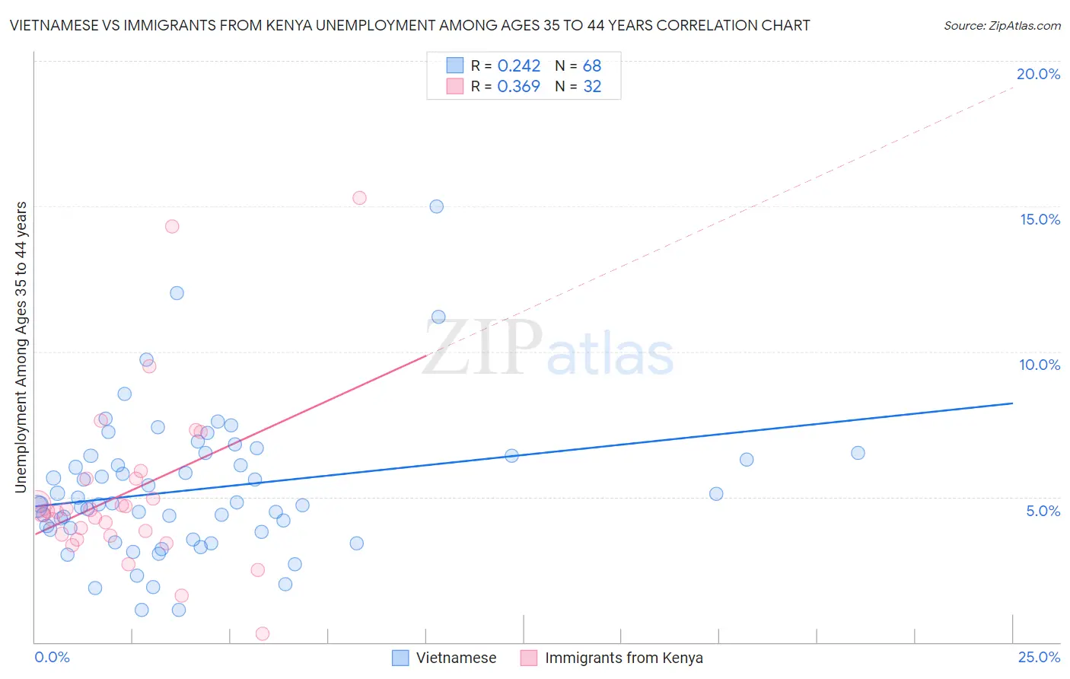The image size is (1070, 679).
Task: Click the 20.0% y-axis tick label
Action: [x=1038, y=74]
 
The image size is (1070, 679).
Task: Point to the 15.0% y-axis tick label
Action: [x=1040, y=219]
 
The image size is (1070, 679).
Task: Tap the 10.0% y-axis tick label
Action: [x=1040, y=365]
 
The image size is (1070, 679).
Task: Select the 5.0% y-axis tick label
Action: [x=1043, y=511]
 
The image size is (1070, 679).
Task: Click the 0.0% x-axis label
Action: [x=52, y=657]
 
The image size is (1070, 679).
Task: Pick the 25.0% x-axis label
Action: [x=1039, y=657]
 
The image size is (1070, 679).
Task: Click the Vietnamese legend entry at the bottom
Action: [x=455, y=658]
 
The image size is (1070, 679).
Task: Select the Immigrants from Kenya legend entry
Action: [x=623, y=658]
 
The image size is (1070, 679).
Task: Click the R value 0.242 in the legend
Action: [x=518, y=66]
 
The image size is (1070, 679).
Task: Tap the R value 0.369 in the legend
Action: [x=518, y=87]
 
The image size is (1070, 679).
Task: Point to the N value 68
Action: [x=592, y=66]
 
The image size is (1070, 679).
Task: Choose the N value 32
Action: [x=592, y=87]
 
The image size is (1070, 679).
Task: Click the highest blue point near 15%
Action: [x=436, y=206]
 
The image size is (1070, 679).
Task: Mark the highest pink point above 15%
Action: [x=359, y=198]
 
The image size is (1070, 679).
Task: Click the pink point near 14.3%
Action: [x=172, y=226]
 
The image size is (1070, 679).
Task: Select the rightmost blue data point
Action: [x=858, y=453]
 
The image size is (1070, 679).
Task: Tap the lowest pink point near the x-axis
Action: [x=263, y=633]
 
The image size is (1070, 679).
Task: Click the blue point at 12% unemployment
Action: [x=177, y=293]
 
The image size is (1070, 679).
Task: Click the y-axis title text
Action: [x=21, y=346]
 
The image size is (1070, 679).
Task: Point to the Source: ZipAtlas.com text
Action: [x=1002, y=26]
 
